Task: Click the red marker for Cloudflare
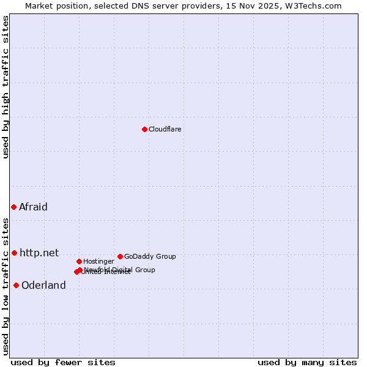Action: click(x=144, y=129)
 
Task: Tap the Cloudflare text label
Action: click(x=165, y=129)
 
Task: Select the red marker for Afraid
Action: click(x=13, y=207)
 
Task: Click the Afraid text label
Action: click(x=33, y=207)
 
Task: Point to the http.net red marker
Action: click(x=14, y=253)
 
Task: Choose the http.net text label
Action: click(x=39, y=253)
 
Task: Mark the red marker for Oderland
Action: click(x=16, y=285)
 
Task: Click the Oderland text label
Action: click(x=43, y=286)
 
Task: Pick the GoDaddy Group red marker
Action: click(x=120, y=256)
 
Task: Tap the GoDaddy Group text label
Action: click(x=150, y=256)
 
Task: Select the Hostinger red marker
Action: click(x=79, y=261)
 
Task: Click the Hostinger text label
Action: click(x=98, y=261)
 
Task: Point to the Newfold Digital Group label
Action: click(x=120, y=269)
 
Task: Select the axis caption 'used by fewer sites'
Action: click(x=63, y=362)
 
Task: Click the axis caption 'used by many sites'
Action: click(x=307, y=362)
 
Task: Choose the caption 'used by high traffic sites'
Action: click(x=6, y=87)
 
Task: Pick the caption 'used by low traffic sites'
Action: click(x=6, y=286)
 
